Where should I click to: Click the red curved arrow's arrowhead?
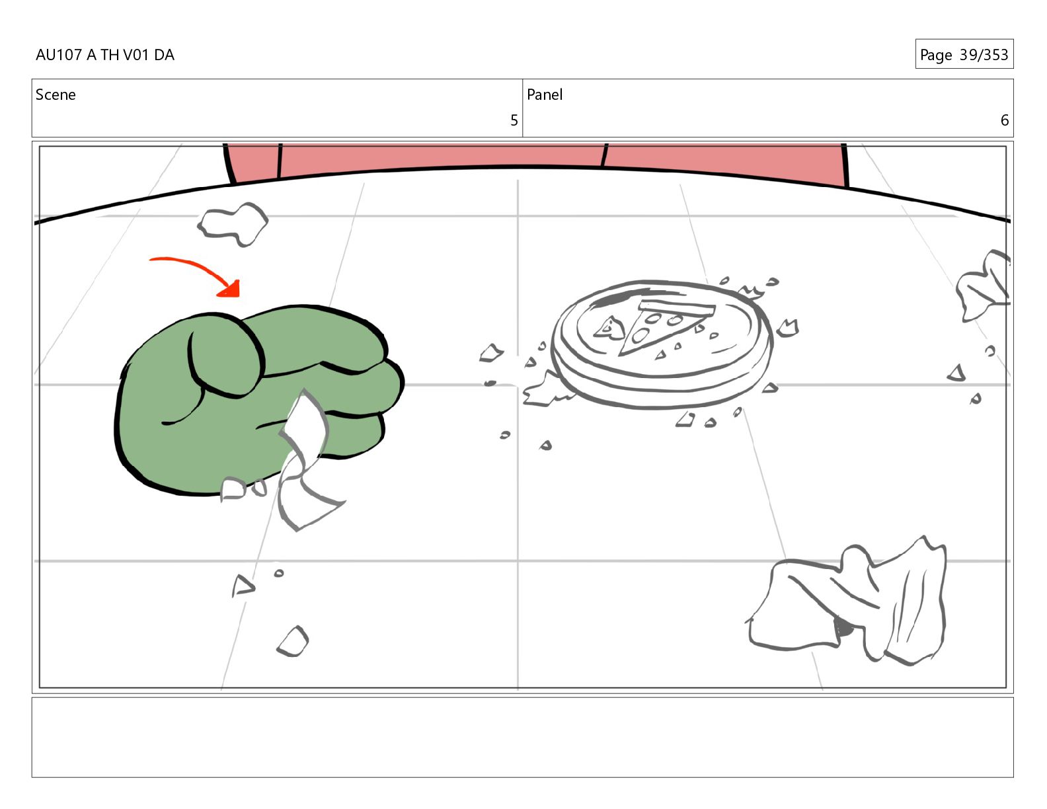(230, 289)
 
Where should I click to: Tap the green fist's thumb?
(224, 356)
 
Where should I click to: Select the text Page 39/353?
(964, 54)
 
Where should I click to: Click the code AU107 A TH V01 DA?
(105, 55)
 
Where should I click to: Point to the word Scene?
(56, 95)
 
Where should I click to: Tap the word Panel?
(545, 95)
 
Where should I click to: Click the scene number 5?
(514, 120)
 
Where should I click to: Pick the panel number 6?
(1005, 120)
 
